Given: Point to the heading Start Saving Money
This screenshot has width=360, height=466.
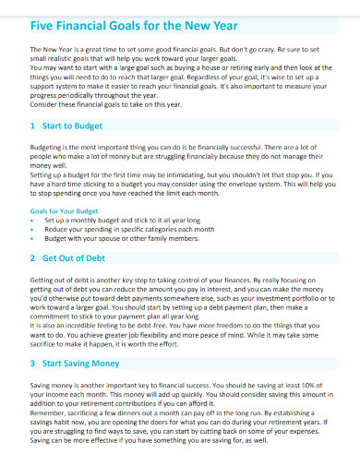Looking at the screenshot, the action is point(81,364).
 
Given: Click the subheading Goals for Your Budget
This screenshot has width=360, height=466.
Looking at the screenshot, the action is point(64,211).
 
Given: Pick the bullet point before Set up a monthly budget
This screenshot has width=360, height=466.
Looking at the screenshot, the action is point(33,221).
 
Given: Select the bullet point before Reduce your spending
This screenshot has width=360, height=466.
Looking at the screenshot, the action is point(33,229).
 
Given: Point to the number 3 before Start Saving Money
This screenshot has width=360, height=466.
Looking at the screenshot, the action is point(34,364).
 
